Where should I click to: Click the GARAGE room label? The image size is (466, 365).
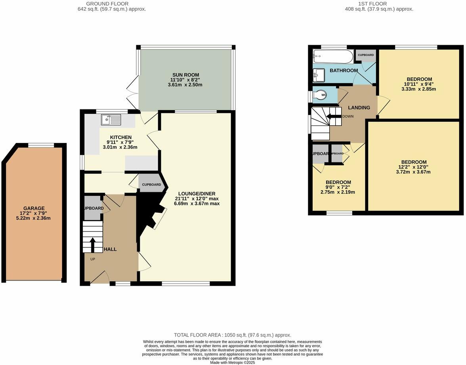click(34, 208)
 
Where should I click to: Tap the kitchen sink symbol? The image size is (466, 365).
click(111, 119)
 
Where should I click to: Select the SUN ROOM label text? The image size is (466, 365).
click(185, 75)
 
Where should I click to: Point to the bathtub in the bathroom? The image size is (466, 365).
click(332, 56)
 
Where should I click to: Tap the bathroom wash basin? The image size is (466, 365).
click(319, 74)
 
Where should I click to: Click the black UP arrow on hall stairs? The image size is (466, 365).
click(93, 244)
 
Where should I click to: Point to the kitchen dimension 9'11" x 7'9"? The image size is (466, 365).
click(120, 142)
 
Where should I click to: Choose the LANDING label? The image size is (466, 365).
click(359, 107)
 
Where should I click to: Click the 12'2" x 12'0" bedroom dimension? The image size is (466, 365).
click(414, 167)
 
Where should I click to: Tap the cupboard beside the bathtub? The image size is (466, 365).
click(365, 55)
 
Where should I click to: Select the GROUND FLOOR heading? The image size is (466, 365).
click(112, 4)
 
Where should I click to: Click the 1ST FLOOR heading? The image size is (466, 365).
click(379, 4)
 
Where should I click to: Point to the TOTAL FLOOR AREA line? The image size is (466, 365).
click(233, 335)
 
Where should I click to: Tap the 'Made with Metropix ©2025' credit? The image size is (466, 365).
click(233, 362)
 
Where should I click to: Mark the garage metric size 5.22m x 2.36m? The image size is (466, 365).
click(34, 218)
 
